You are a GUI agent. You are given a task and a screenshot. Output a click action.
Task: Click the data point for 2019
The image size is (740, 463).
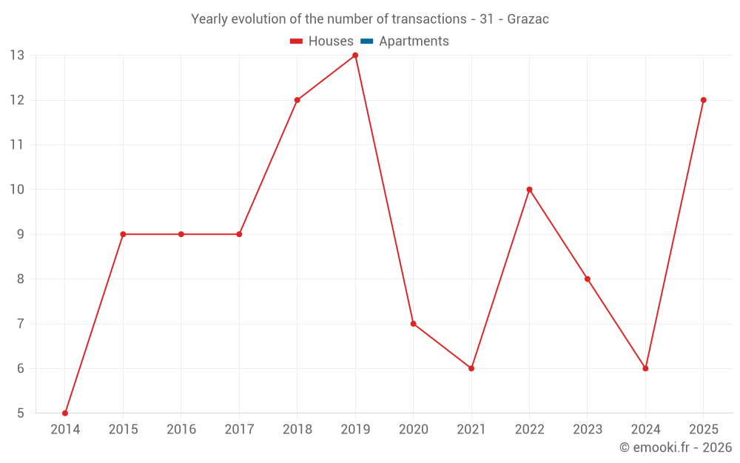[355, 56]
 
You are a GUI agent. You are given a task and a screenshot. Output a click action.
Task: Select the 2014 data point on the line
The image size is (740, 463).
[65, 413]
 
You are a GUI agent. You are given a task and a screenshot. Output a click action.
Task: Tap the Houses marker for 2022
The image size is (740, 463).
[530, 190]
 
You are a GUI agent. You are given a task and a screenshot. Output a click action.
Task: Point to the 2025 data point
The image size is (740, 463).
[703, 100]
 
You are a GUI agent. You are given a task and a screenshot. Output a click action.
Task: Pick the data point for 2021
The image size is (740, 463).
[471, 368]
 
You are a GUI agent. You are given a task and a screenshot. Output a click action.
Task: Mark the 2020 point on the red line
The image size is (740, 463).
[414, 324]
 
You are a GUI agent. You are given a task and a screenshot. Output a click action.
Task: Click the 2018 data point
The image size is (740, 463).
[297, 100]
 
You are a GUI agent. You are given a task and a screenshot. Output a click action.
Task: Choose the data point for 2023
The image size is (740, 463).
[588, 279]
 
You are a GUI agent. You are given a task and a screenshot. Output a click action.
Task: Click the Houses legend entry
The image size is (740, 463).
[322, 41]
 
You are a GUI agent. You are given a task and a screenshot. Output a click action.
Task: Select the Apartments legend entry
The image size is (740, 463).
[405, 41]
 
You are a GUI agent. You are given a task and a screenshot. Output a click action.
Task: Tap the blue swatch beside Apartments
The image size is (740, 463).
[367, 41]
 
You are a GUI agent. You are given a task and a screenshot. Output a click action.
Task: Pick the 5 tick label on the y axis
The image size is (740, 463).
[20, 413]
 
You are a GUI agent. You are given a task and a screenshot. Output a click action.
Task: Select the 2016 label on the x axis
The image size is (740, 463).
[181, 429]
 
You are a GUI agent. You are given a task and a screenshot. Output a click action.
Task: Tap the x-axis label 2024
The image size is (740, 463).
[645, 429]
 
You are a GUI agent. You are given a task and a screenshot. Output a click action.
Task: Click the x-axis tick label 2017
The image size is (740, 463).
[239, 429]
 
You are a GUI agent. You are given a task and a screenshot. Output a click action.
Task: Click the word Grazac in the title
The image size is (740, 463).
[528, 19]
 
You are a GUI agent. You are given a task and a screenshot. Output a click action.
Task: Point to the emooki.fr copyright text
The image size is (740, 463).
[676, 447]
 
